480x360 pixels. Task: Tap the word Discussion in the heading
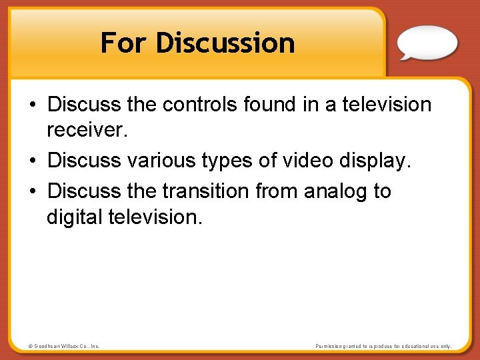pos(225,43)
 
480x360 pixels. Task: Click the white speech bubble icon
pos(427,43)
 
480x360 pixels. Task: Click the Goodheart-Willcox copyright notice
pos(64,347)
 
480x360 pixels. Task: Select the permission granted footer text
pos(383,347)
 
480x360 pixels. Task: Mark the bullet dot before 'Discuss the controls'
pos(33,105)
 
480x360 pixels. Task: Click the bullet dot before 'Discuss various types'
pos(33,161)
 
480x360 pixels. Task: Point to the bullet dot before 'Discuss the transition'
pos(33,192)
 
